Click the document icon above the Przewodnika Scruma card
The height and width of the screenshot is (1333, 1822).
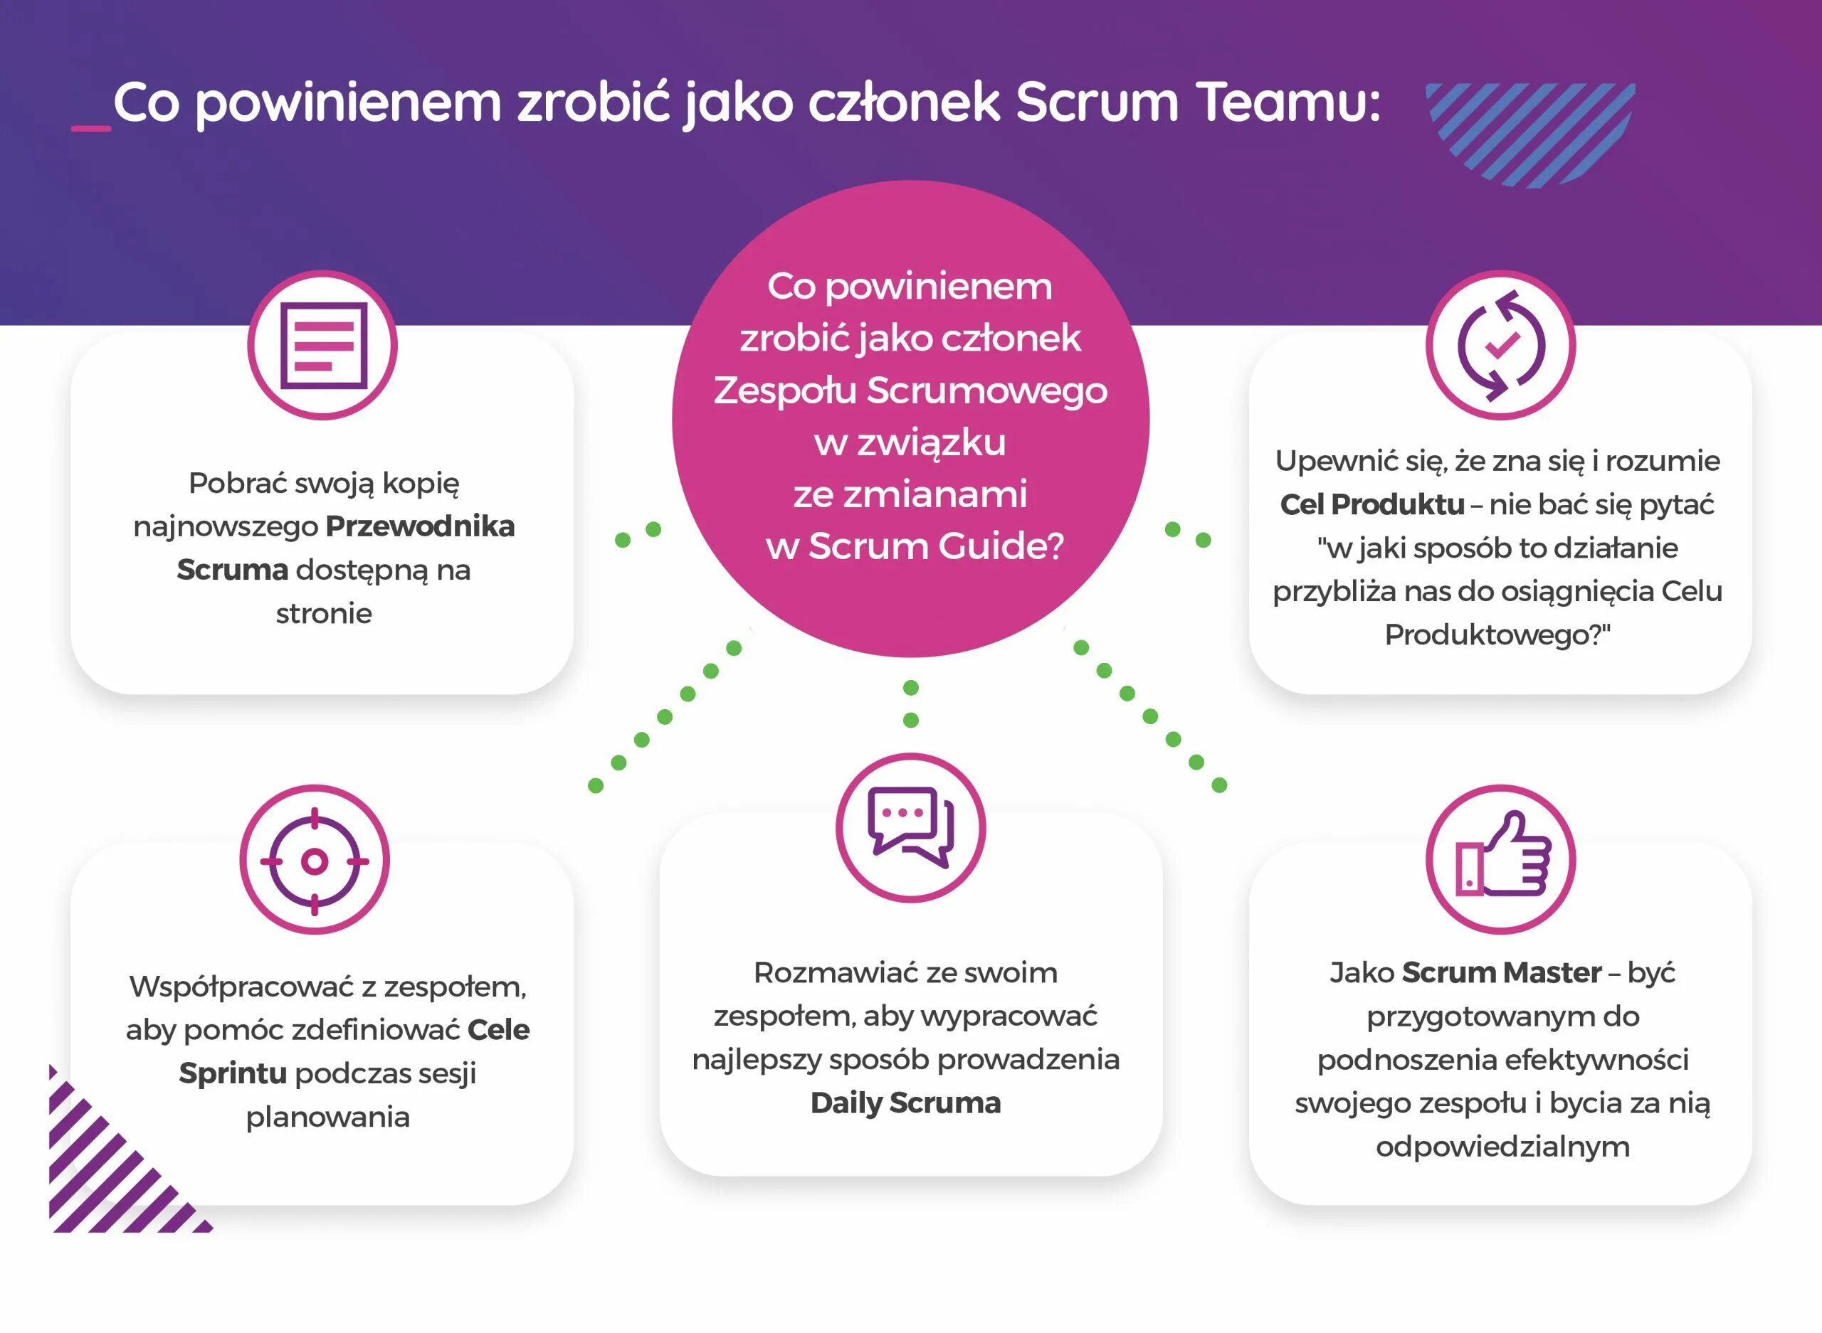coord(322,346)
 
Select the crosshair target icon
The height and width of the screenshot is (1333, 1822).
coord(314,861)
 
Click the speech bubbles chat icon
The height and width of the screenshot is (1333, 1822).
coord(910,828)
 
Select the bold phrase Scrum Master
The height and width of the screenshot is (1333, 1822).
coord(1501,972)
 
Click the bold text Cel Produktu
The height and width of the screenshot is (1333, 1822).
coord(1371,504)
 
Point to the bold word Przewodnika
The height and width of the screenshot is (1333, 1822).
coord(420,526)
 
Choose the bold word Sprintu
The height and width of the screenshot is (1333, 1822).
coord(233,1073)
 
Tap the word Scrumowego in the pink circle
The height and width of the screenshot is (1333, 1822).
coord(986,391)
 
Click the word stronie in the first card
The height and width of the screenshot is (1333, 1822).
coord(324,613)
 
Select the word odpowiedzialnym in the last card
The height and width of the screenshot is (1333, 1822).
coord(1502,1147)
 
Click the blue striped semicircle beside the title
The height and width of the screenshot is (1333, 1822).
coord(1529,129)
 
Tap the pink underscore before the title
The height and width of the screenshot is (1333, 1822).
coord(90,127)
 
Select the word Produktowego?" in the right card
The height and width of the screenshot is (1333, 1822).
coord(1497,635)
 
